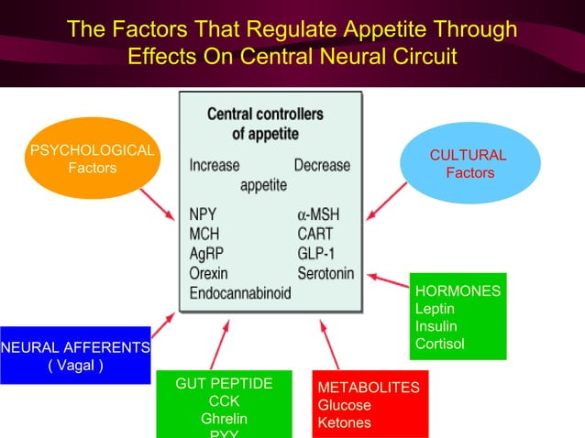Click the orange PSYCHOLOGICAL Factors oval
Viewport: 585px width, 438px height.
coord(92,159)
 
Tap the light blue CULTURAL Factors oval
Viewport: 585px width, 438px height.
coord(469,164)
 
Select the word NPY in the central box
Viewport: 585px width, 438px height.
coord(203,214)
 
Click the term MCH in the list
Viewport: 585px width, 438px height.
coord(204,234)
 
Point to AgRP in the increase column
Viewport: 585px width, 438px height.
coord(206,253)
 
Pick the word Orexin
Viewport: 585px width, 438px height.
coord(209,273)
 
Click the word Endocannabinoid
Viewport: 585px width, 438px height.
coord(239,293)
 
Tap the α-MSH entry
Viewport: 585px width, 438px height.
coord(318,214)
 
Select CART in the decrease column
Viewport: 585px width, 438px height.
coord(315,234)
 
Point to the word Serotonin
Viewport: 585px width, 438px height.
coord(326,273)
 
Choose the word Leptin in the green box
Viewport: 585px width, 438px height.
coord(433,309)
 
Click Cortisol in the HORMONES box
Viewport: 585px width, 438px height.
coord(439,344)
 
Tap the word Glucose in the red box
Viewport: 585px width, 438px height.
coord(344,405)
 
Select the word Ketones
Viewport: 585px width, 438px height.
coord(344,422)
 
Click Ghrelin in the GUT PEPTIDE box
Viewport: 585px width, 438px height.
coord(224,419)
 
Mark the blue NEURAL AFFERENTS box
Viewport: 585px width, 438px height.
coord(75,356)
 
